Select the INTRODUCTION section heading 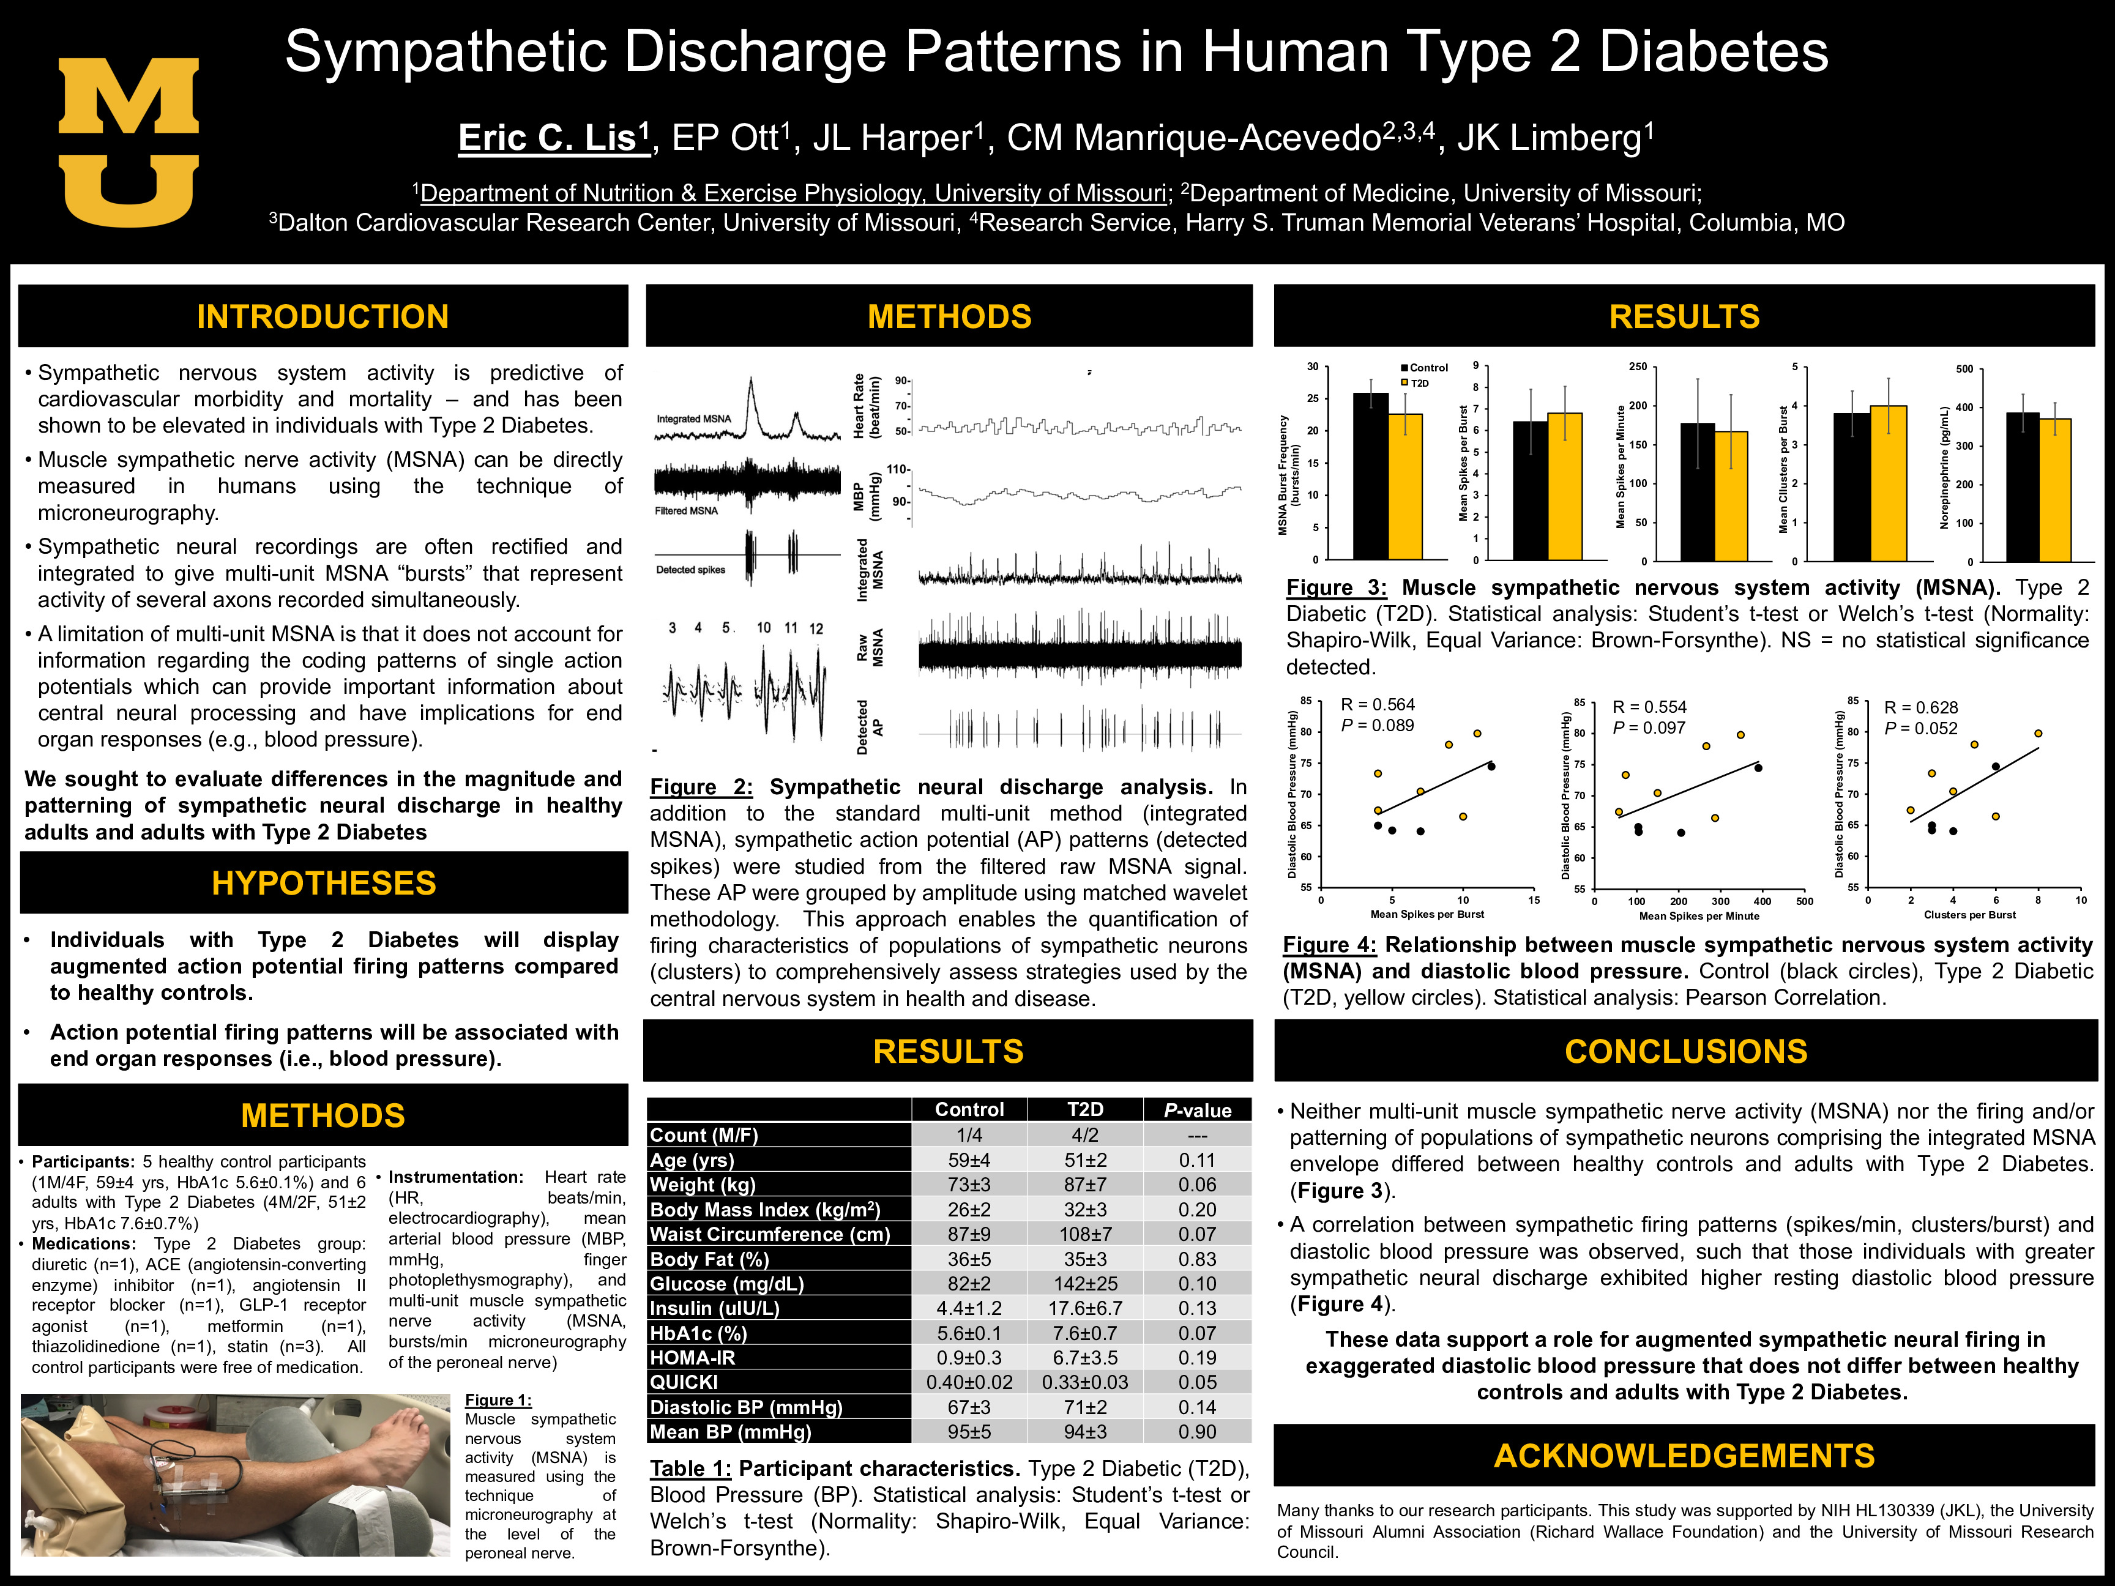[x=323, y=316]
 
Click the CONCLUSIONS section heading [x=1685, y=1052]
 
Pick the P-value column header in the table [x=1197, y=1110]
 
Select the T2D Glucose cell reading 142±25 [x=1084, y=1284]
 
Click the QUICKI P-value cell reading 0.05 [x=1197, y=1382]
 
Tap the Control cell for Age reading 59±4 [x=969, y=1160]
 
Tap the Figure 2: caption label [x=701, y=787]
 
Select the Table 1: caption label [x=690, y=1469]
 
